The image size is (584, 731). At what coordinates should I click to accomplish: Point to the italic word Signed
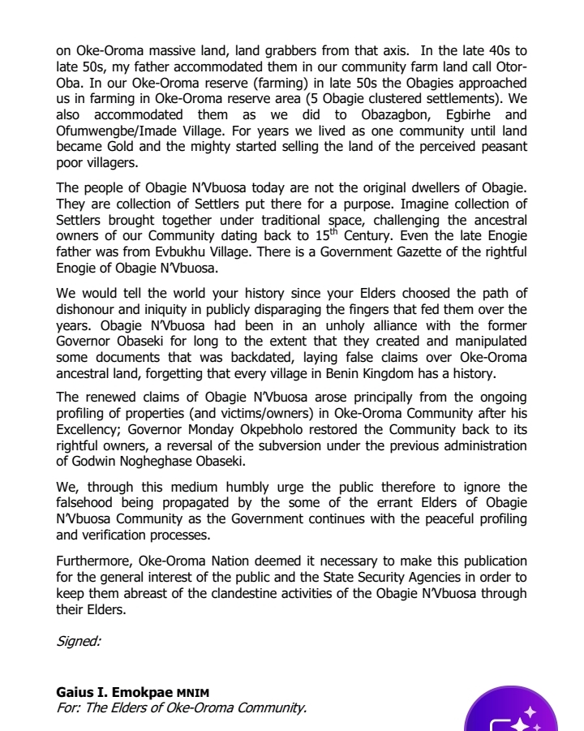pos(79,641)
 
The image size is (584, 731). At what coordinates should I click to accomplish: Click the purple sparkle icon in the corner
pos(511,715)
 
